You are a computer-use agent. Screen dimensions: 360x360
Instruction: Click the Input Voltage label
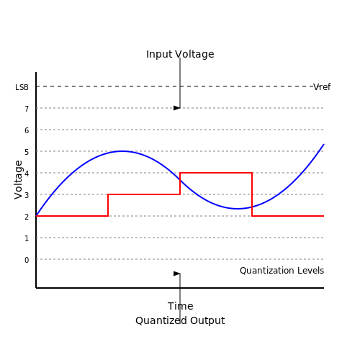click(180, 54)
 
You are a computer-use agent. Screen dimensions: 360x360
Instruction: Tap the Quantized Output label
click(180, 320)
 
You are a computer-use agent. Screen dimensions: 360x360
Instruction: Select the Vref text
click(322, 86)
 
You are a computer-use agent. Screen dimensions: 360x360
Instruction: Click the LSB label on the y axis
click(22, 87)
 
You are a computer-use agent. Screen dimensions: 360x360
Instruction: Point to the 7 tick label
click(27, 109)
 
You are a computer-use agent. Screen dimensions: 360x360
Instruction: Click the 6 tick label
click(27, 130)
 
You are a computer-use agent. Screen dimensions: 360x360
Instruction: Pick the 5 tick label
click(27, 152)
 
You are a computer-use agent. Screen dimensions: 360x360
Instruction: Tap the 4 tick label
click(27, 174)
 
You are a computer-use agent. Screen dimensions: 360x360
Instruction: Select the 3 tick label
click(27, 195)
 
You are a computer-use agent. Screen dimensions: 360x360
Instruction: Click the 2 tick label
click(27, 217)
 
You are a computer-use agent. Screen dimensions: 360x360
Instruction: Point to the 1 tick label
click(27, 238)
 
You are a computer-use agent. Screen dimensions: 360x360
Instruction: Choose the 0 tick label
click(27, 260)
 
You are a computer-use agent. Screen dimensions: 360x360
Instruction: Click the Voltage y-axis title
click(18, 180)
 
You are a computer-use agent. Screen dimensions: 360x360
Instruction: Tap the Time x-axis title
click(181, 306)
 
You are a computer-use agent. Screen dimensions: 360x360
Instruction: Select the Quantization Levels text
click(282, 271)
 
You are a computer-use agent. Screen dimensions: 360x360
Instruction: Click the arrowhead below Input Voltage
click(177, 108)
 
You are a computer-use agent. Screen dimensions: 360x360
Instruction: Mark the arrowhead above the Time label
click(177, 274)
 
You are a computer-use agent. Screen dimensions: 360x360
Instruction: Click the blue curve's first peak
click(122, 151)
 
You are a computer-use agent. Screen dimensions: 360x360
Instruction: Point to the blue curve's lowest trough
click(237, 209)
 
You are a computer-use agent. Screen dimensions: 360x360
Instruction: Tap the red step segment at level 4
click(216, 173)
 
